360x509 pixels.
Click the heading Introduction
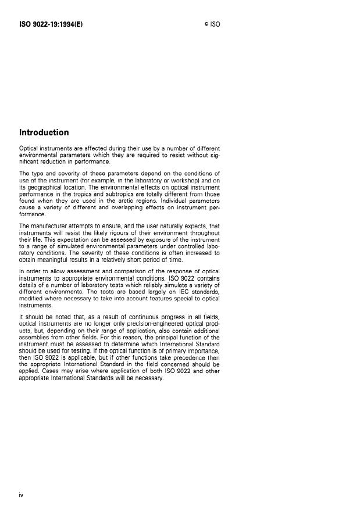[44, 132]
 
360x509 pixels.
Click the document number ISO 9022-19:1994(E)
[51, 25]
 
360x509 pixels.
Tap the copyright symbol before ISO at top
[206, 26]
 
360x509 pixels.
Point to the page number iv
[21, 494]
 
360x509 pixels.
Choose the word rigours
[111, 232]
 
